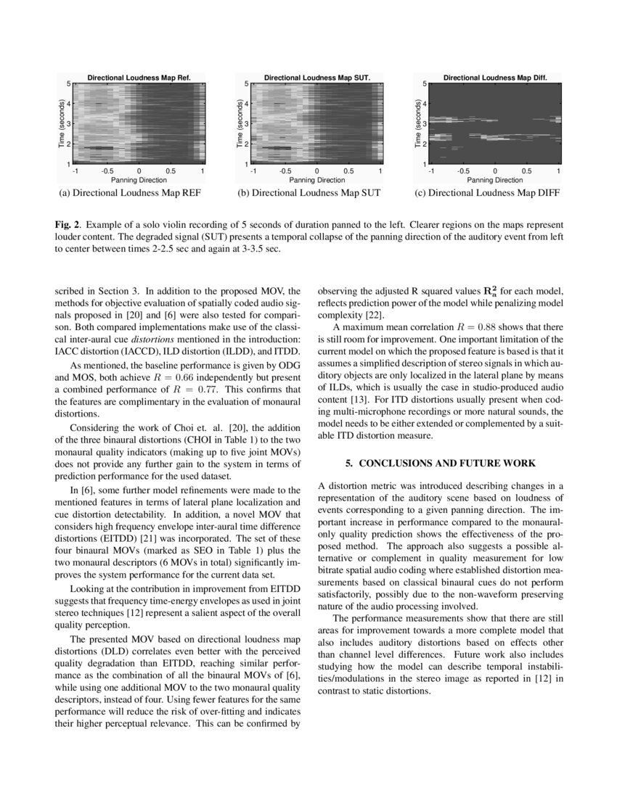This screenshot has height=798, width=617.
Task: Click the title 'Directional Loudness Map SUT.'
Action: coord(316,77)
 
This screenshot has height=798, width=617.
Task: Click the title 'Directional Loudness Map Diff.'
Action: coord(494,77)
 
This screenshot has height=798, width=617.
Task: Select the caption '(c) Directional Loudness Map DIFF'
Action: coord(486,193)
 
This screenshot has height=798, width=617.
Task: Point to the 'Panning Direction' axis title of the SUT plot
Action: coord(316,180)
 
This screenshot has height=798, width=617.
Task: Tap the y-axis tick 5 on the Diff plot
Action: coord(425,84)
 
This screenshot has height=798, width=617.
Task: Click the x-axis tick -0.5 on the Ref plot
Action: coord(107,172)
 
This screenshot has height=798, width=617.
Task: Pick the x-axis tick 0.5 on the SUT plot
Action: coord(348,172)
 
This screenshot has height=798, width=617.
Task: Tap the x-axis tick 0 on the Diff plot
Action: coord(494,172)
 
